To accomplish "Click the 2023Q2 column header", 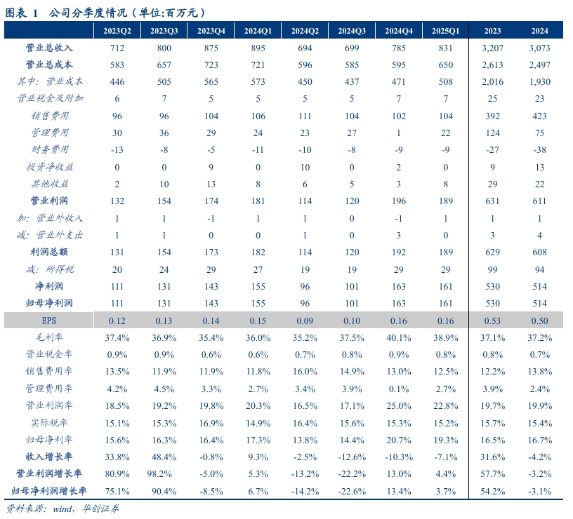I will click(117, 31).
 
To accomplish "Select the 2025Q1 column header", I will click(445, 31).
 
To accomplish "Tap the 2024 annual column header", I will click(539, 31).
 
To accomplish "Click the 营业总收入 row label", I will click(49, 48).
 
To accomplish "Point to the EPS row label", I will click(49, 320).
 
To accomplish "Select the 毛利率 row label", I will click(49, 337).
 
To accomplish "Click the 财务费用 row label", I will click(49, 149).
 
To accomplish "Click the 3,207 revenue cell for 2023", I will click(492, 48).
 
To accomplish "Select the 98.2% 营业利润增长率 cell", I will click(164, 473).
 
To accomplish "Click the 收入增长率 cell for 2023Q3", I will click(164, 456).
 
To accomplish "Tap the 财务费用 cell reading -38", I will click(539, 149).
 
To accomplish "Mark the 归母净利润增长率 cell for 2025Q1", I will click(445, 490).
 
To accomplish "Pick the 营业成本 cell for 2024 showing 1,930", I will click(539, 81).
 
